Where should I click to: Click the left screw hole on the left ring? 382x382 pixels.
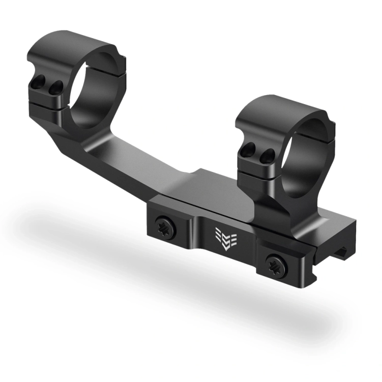click(x=38, y=81)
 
